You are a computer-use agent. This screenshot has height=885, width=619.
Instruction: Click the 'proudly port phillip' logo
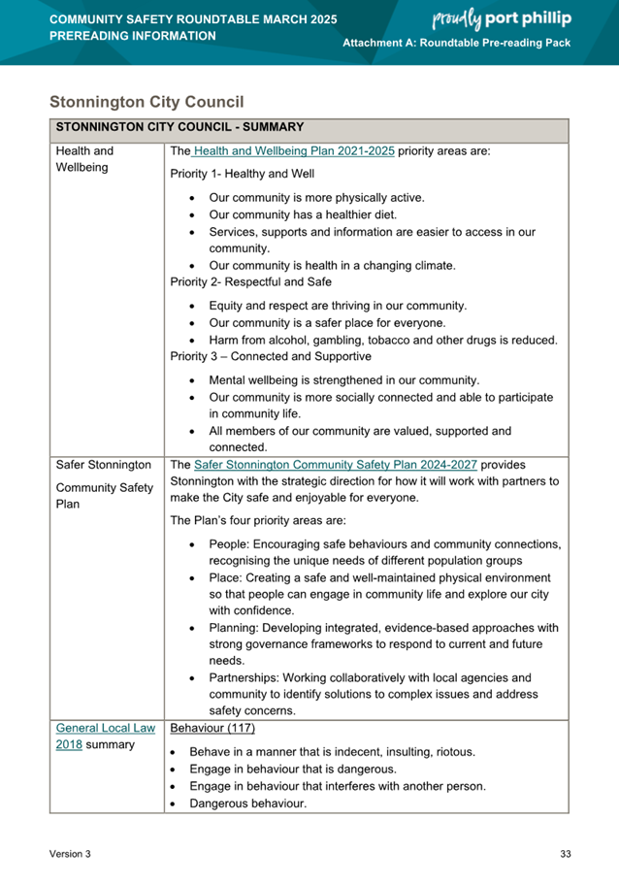[x=501, y=18]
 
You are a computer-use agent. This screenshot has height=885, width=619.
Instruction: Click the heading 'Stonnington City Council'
[x=147, y=101]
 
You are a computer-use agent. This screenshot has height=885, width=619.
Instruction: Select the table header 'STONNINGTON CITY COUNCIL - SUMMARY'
[x=180, y=127]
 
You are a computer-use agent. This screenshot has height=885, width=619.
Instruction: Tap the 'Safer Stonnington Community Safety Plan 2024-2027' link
[x=337, y=464]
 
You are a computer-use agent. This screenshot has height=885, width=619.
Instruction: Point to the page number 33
[x=566, y=854]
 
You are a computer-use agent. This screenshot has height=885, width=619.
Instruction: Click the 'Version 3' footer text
[x=71, y=854]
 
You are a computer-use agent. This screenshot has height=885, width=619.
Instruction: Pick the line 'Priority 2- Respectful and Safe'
[x=250, y=282]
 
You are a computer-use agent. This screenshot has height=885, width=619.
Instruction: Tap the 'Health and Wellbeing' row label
[x=85, y=160]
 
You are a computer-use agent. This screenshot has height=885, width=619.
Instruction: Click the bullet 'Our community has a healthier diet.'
[x=303, y=214]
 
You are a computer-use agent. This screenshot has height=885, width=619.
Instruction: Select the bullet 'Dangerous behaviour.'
[x=247, y=803]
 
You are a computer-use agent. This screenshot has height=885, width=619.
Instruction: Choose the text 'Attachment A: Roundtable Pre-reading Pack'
[x=457, y=45]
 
